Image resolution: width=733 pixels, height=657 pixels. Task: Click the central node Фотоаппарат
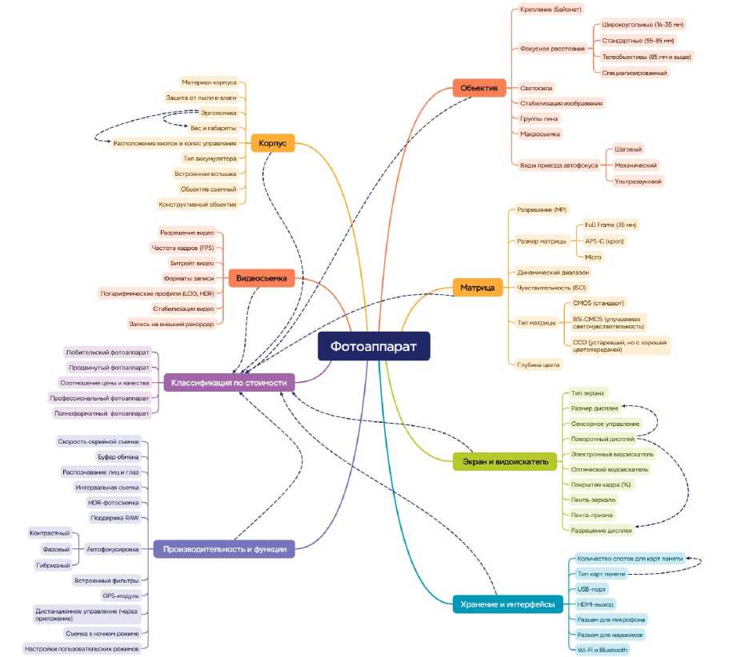tap(374, 347)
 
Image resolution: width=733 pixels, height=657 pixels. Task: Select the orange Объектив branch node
tap(479, 87)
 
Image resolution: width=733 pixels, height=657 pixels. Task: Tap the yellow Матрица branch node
tap(478, 287)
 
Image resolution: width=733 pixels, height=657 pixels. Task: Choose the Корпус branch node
tap(273, 144)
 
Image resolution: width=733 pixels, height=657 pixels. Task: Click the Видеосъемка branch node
tap(262, 278)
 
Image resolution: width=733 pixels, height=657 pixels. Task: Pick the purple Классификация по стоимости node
tap(228, 383)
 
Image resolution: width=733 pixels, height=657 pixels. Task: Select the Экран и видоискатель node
tap(505, 461)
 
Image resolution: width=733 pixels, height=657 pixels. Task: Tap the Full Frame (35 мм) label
tap(611, 225)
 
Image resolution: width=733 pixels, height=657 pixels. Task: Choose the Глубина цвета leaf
tap(539, 364)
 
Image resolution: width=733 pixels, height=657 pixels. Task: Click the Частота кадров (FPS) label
tap(187, 248)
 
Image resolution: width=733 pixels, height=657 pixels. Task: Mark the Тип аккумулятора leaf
tap(210, 158)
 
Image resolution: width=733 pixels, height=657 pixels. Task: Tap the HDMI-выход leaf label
tap(596, 604)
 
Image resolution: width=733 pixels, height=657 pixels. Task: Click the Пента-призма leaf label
tap(592, 515)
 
